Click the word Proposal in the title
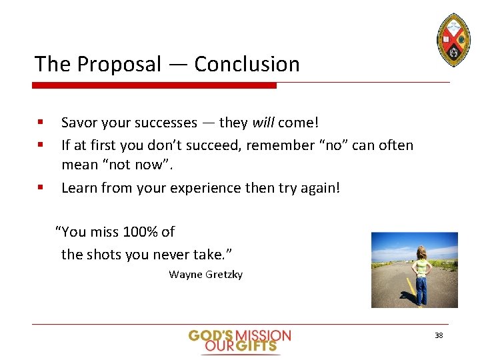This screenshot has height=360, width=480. (x=119, y=64)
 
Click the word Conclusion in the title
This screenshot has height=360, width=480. (x=247, y=64)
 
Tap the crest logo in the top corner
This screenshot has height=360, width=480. (x=453, y=39)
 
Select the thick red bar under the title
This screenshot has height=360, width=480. (x=155, y=85)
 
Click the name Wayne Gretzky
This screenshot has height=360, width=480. (x=206, y=274)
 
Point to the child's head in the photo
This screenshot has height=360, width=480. (x=421, y=252)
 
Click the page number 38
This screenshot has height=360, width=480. (x=439, y=335)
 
